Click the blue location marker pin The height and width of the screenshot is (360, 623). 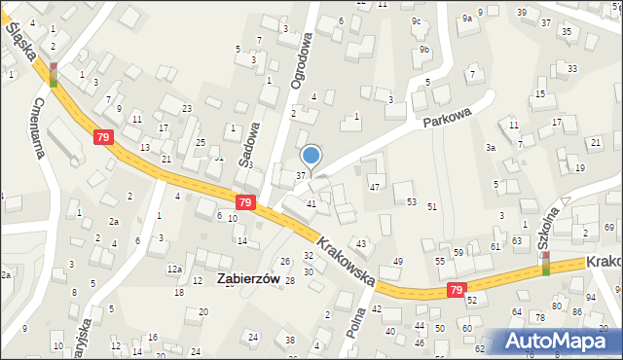tap(311, 156)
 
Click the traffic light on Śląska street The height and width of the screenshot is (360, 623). tap(53, 74)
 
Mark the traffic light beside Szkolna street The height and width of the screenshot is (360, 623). tap(545, 264)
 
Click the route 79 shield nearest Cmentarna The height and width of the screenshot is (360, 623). tap(103, 138)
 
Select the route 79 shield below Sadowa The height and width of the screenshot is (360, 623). tap(245, 202)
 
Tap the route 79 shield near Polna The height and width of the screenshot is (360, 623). tap(456, 290)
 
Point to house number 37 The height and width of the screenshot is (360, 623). tap(301, 174)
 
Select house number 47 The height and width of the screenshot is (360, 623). tap(374, 186)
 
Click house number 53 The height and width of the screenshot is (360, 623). tap(412, 201)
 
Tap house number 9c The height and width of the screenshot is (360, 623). tap(416, 20)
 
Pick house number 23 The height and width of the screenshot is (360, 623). tap(187, 108)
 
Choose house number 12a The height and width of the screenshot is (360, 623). tap(173, 269)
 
